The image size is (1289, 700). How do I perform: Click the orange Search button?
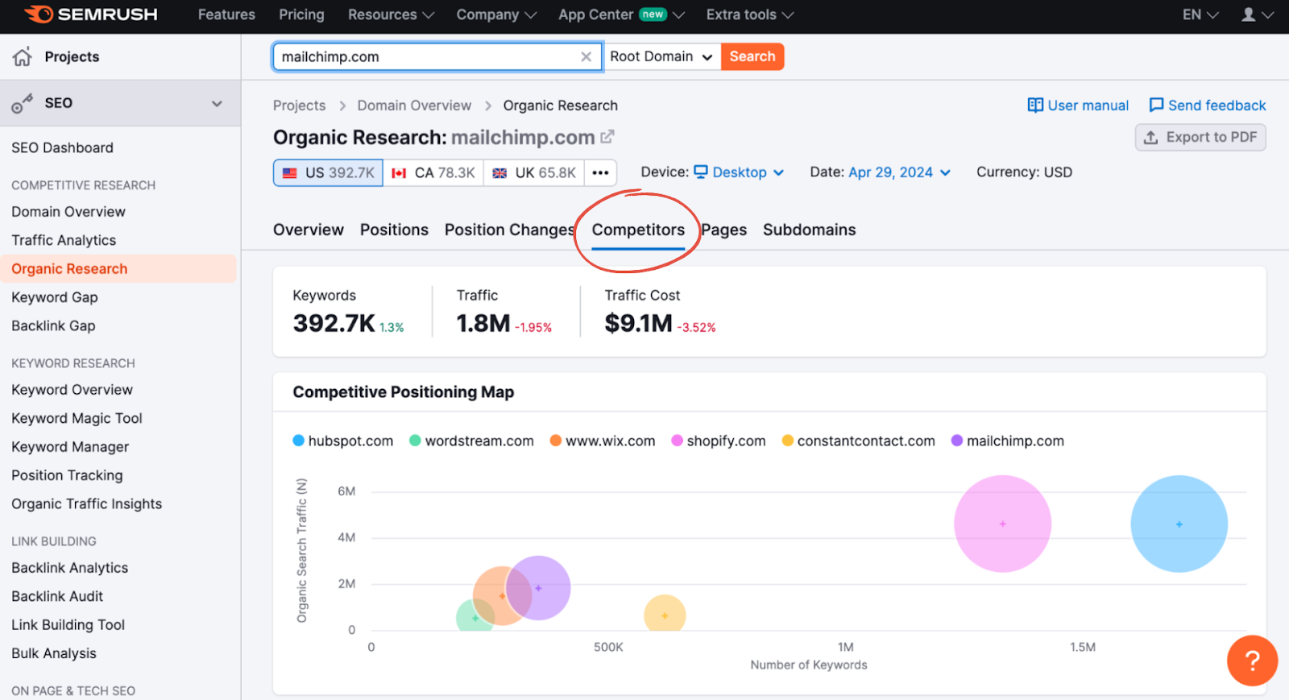pos(752,56)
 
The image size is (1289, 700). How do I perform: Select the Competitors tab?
pos(638,230)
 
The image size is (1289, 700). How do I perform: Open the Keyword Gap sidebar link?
pos(55,297)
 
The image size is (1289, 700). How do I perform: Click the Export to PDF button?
pos(1200,137)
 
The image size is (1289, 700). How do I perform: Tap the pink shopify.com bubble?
pos(1002,524)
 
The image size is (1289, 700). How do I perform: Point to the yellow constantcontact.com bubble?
pos(665,615)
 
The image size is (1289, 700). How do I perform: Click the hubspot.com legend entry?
pos(343,441)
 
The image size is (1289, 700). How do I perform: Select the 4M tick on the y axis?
pos(346,537)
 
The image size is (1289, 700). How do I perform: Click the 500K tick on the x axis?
pos(608,647)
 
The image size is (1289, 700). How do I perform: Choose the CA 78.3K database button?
pos(433,172)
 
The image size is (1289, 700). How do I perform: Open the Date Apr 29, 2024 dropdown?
pos(899,172)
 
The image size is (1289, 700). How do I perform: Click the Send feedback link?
pos(1208,106)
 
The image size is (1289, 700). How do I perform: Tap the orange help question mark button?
pos(1252,661)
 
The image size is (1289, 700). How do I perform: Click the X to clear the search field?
pos(586,56)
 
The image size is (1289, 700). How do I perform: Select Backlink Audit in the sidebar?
pos(57,596)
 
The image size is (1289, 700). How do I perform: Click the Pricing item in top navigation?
pos(301,14)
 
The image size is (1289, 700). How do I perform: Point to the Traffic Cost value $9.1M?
pos(638,323)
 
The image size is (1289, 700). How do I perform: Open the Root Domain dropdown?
pos(661,56)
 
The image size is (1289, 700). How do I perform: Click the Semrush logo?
pos(91,14)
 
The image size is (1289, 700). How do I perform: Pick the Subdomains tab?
pos(809,230)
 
